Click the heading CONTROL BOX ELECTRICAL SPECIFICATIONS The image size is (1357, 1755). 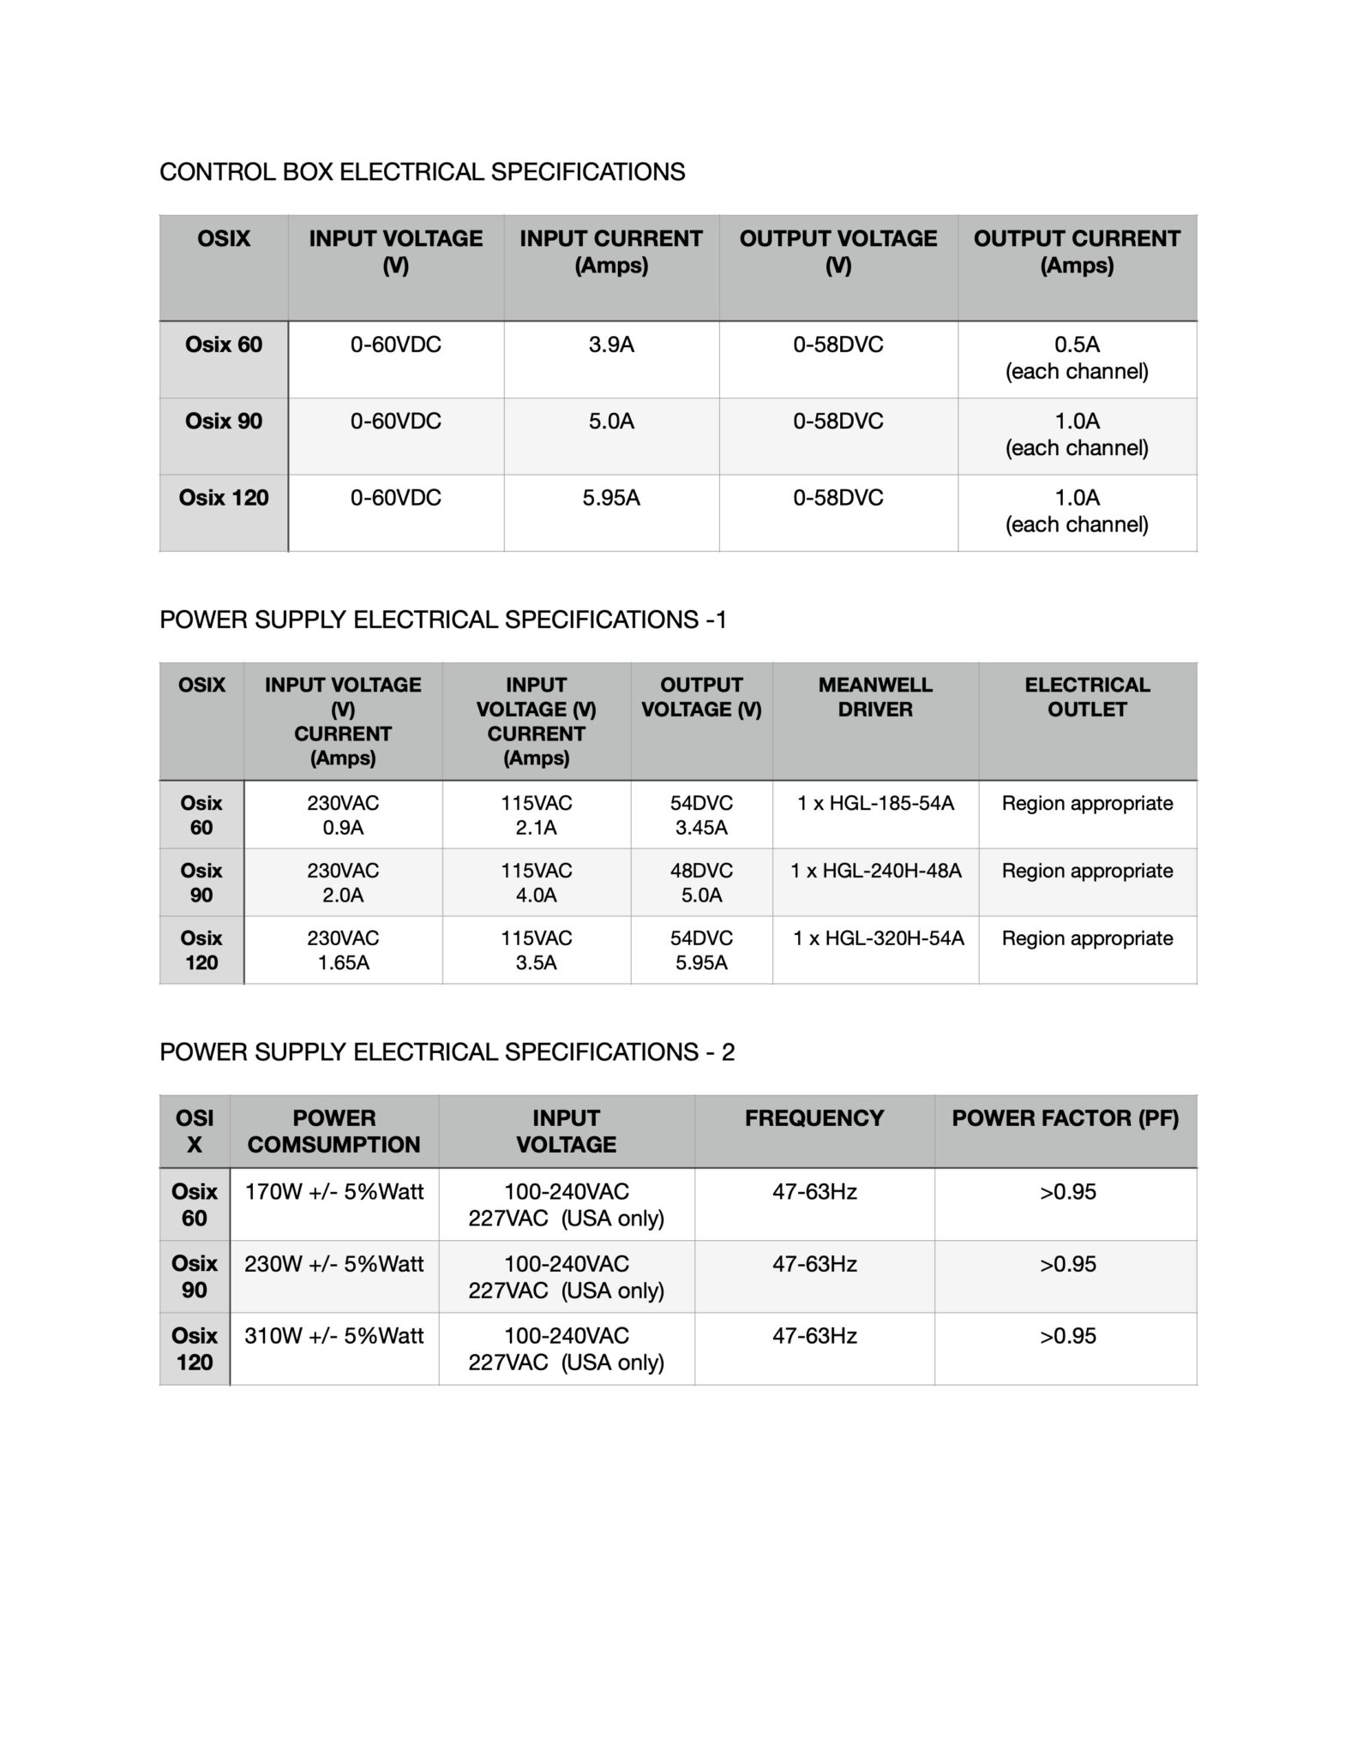pyautogui.click(x=422, y=172)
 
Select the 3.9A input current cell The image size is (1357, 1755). pyautogui.click(x=611, y=345)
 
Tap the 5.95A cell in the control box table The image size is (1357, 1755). pyautogui.click(x=611, y=498)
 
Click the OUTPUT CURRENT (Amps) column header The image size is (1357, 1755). pyautogui.click(x=1077, y=252)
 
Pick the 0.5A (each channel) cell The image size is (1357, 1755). pyautogui.click(x=1077, y=358)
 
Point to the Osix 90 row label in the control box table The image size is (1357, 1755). pyautogui.click(x=224, y=422)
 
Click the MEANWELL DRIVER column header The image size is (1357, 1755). pyautogui.click(x=875, y=697)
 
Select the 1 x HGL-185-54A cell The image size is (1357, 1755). pyautogui.click(x=875, y=804)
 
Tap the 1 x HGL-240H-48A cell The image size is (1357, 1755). pyautogui.click(x=875, y=872)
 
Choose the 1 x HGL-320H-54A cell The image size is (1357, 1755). pyautogui.click(x=878, y=939)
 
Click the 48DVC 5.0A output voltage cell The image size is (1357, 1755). pyautogui.click(x=701, y=883)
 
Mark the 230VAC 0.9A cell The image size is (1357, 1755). pyautogui.click(x=343, y=815)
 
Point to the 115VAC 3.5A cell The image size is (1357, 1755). pyautogui.click(x=536, y=950)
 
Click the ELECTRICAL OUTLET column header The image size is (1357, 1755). pyautogui.click(x=1087, y=697)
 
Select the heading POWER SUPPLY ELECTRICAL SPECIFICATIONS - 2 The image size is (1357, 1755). pyautogui.click(x=447, y=1052)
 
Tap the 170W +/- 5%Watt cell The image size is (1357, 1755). pyautogui.click(x=334, y=1192)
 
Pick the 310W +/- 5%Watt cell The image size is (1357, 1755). pyautogui.click(x=334, y=1336)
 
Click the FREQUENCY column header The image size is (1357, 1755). pyautogui.click(x=814, y=1118)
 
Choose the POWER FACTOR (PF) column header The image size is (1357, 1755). pyautogui.click(x=1065, y=1118)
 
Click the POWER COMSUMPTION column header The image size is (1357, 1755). pyautogui.click(x=334, y=1131)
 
